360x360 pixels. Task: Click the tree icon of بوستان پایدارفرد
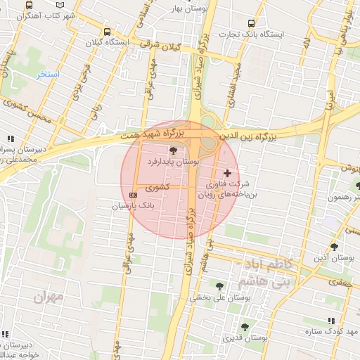[x=173, y=150]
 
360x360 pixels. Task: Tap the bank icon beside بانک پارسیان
[x=134, y=195]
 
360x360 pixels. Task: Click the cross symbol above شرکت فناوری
[x=226, y=173]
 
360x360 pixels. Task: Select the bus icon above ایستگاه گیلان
[x=107, y=32]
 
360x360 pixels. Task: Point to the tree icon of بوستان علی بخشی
[x=220, y=285]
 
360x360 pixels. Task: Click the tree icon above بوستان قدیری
[x=244, y=327]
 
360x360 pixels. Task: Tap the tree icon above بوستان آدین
[x=334, y=247]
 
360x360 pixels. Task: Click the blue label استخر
[x=48, y=74]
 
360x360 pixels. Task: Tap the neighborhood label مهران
[x=48, y=297]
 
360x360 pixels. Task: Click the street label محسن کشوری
[x=26, y=111]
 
